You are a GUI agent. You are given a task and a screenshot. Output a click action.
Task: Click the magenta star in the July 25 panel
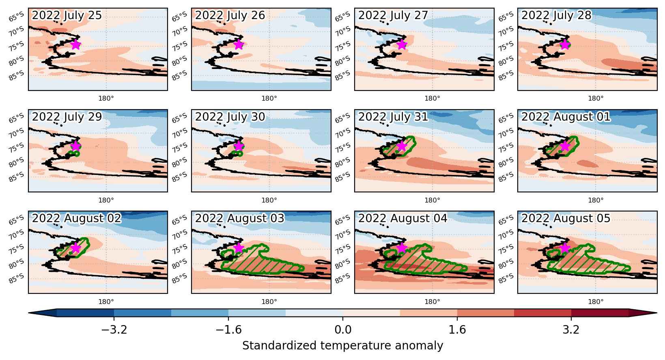[x=76, y=45]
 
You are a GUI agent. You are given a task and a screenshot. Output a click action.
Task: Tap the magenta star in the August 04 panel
[x=402, y=248]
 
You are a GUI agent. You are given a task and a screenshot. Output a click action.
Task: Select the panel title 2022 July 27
[x=393, y=15]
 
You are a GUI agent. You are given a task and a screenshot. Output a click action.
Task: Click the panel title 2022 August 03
[x=239, y=218]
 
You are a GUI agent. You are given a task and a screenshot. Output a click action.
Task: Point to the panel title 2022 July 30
[x=230, y=117]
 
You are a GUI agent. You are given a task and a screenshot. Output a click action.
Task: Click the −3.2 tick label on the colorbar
[x=114, y=330]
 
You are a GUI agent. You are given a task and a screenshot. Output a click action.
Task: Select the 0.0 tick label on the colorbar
[x=343, y=330]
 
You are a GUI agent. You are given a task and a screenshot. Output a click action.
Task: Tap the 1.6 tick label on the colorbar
[x=457, y=330]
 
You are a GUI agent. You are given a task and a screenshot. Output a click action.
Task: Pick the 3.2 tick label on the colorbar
[x=571, y=330]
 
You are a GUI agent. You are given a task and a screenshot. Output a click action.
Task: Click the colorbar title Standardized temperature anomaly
[x=342, y=346]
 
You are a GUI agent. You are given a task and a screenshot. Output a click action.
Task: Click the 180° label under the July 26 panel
[x=269, y=98]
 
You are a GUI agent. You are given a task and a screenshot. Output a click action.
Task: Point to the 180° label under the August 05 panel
[x=596, y=302]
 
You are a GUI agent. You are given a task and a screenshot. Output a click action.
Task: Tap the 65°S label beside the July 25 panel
[x=16, y=17]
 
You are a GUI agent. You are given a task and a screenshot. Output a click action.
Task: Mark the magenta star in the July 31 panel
[x=402, y=146]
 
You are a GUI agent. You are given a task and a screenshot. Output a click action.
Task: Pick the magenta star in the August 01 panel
[x=565, y=146]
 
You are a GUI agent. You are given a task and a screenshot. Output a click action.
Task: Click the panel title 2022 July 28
[x=556, y=15]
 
